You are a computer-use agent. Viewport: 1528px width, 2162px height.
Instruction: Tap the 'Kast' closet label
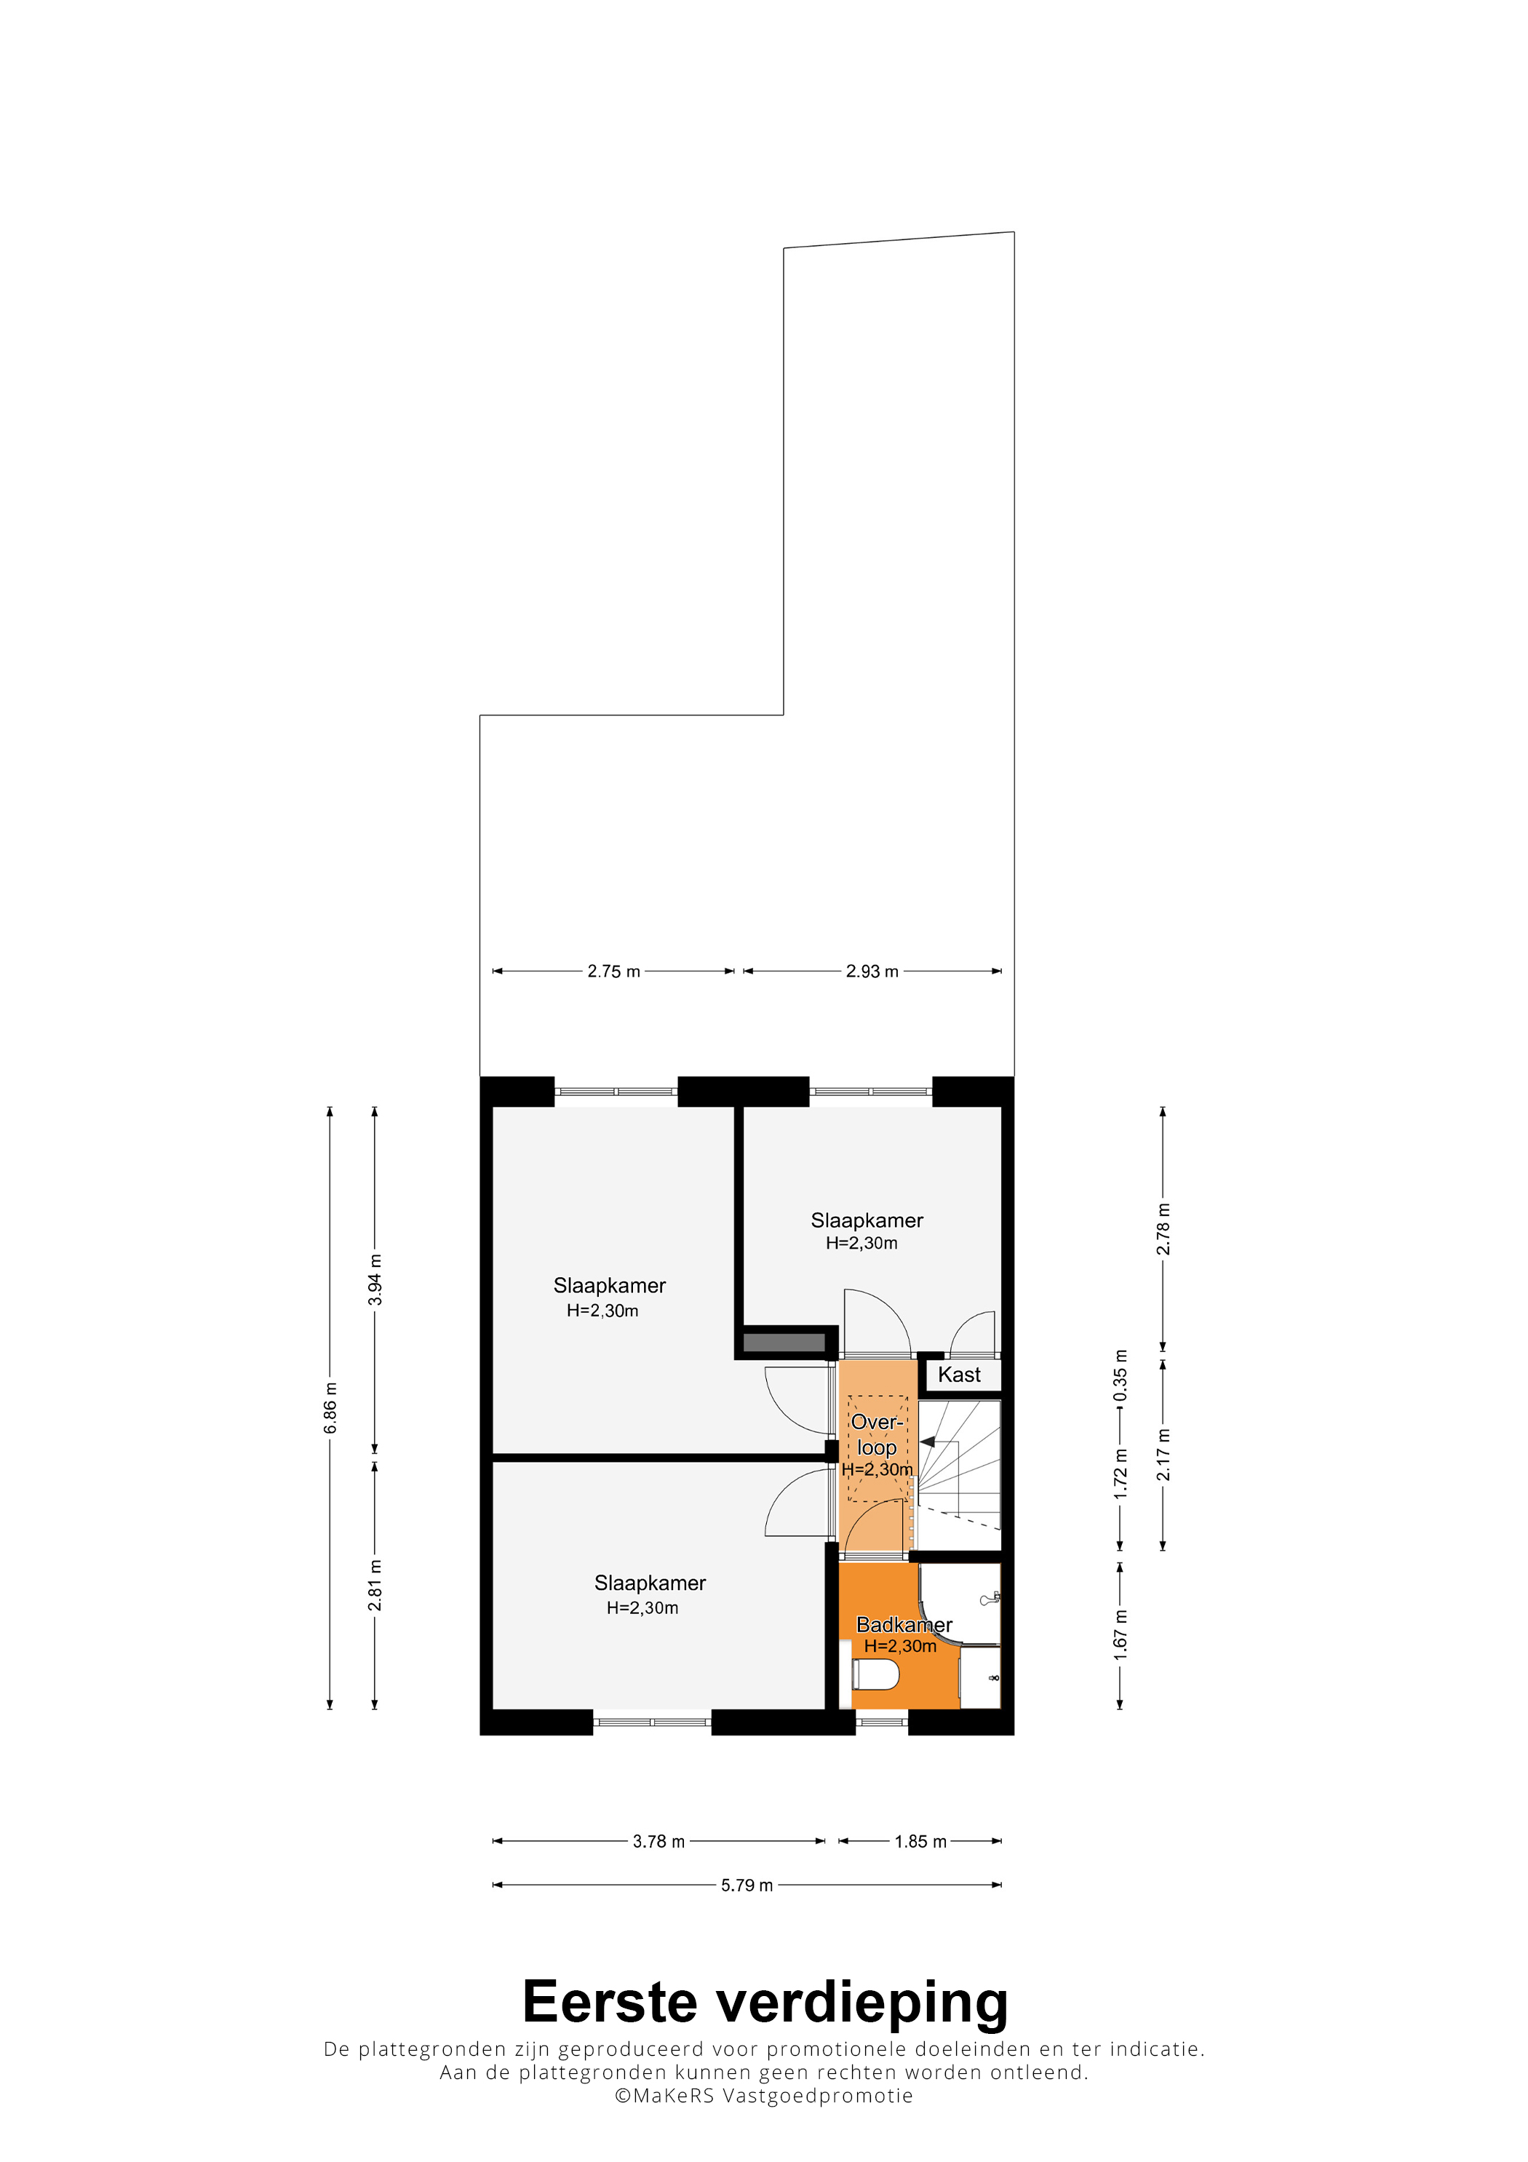coord(958,1375)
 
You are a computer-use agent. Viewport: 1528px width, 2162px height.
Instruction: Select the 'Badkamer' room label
coord(904,1624)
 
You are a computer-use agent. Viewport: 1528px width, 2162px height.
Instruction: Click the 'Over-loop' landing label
coord(877,1434)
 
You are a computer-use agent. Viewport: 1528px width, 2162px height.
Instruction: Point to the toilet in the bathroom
coord(875,1675)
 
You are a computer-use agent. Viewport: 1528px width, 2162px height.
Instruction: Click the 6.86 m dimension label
coord(330,1409)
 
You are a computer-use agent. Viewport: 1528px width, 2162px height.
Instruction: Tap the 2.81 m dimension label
coord(375,1586)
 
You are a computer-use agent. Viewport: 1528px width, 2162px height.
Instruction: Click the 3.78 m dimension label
coord(658,1841)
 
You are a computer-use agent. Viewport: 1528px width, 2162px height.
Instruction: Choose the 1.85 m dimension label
coord(920,1841)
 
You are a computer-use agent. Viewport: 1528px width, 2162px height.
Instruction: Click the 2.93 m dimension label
coord(872,971)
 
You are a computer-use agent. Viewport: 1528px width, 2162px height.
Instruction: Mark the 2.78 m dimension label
coord(1163,1229)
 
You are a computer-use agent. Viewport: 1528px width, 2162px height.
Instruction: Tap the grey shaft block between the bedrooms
coord(784,1343)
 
